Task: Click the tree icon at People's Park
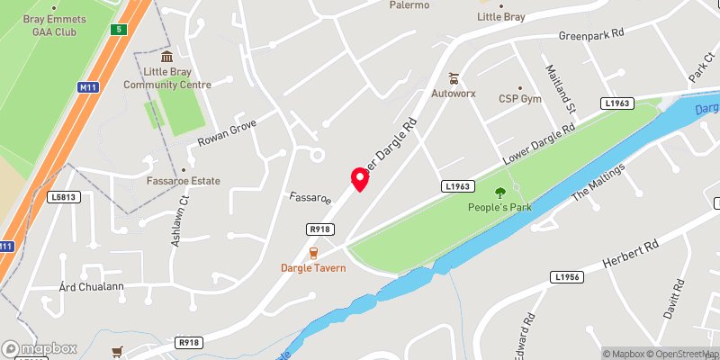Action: (x=500, y=192)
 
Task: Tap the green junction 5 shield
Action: (x=118, y=30)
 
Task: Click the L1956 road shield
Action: (x=569, y=276)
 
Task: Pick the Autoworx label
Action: (x=454, y=92)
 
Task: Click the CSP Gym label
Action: (x=520, y=98)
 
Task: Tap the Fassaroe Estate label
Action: (x=184, y=181)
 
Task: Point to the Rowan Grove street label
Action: (x=227, y=136)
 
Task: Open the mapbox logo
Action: (x=40, y=348)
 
